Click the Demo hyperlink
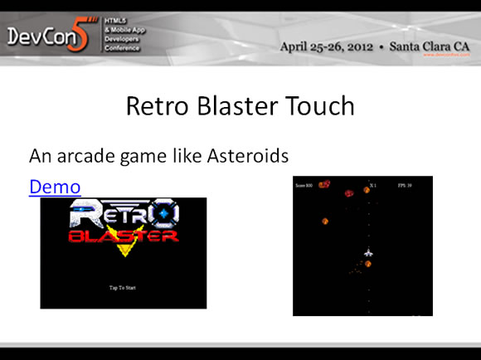[x=55, y=187]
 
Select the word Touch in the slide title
[x=318, y=107]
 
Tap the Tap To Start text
[x=123, y=288]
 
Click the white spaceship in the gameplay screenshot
[x=368, y=252]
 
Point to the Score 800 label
[x=304, y=185]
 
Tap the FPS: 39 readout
[x=404, y=185]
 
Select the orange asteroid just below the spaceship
[x=367, y=264]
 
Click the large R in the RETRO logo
[x=83, y=215]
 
